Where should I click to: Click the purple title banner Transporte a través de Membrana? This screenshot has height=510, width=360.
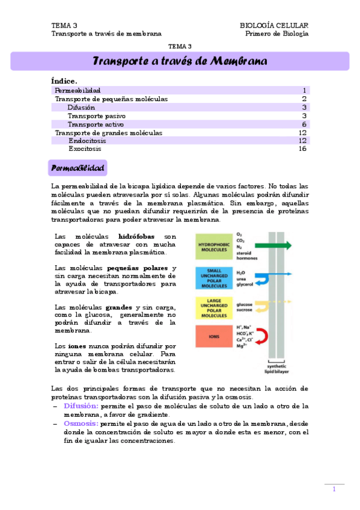180,61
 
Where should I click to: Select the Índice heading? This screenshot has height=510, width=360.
64,81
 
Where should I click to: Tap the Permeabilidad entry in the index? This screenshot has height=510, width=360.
78,90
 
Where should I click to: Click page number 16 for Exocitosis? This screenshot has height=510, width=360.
302,149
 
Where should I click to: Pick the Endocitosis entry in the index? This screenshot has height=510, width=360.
88,140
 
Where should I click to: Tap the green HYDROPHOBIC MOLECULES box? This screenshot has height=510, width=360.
213,245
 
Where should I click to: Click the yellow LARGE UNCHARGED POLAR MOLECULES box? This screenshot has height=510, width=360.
213,307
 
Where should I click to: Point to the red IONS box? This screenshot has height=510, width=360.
213,336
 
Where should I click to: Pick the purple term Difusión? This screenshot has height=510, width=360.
81,406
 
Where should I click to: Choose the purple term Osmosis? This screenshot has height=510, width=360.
81,423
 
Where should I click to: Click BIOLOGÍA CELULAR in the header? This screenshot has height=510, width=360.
274,25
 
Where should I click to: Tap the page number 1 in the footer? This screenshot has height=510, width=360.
334,490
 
